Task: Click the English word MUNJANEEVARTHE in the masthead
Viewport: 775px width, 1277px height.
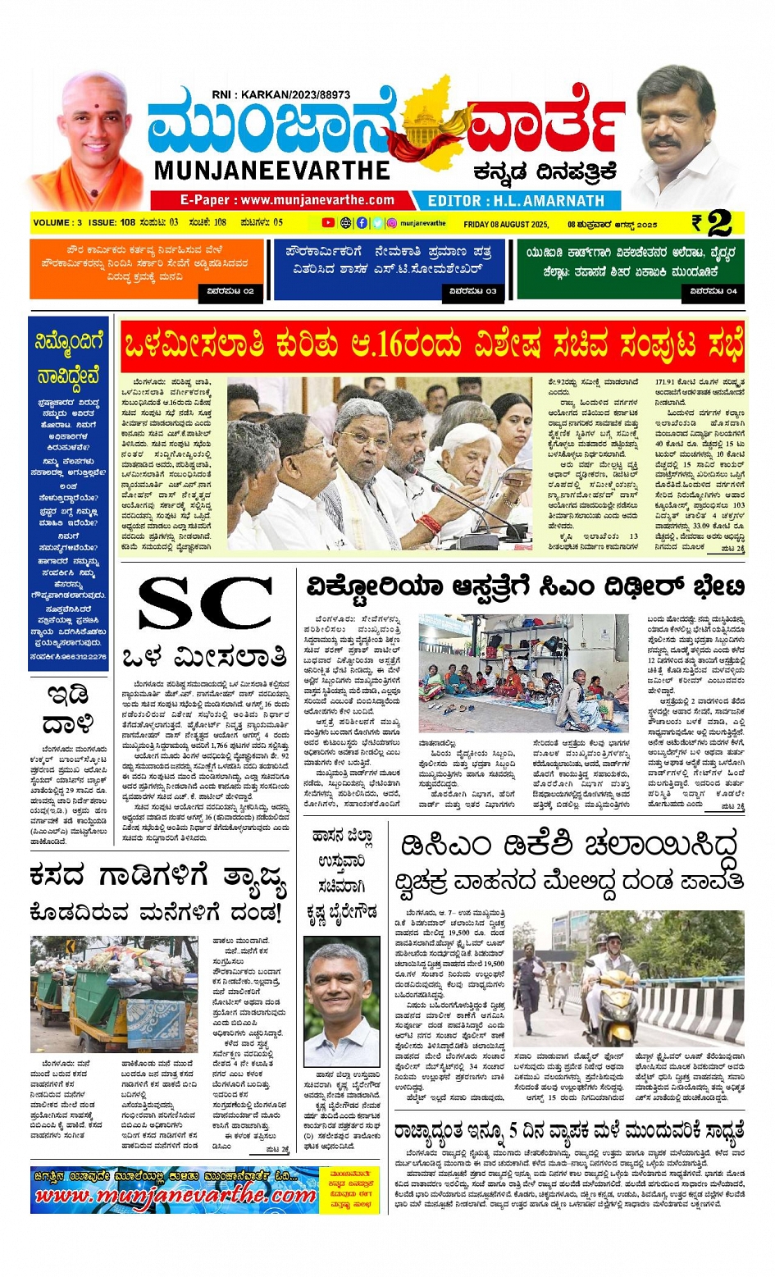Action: [x=271, y=170]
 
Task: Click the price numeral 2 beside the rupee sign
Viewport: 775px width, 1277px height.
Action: [x=719, y=224]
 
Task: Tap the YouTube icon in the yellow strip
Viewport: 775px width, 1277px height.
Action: [x=328, y=223]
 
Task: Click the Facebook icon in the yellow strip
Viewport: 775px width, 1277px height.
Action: [x=362, y=223]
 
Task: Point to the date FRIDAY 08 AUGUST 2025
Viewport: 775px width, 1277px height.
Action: [x=506, y=224]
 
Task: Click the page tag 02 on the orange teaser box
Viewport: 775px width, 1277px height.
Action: [x=230, y=290]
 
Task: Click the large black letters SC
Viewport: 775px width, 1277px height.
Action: [x=205, y=604]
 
